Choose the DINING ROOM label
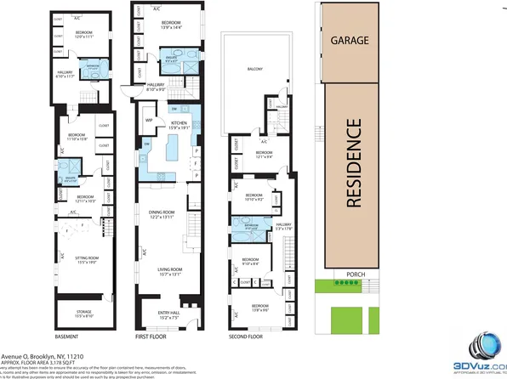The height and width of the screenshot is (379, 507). [x=162, y=214]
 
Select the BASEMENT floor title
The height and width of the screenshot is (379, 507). [x=68, y=337]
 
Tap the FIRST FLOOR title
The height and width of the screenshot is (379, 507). [x=150, y=337]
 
